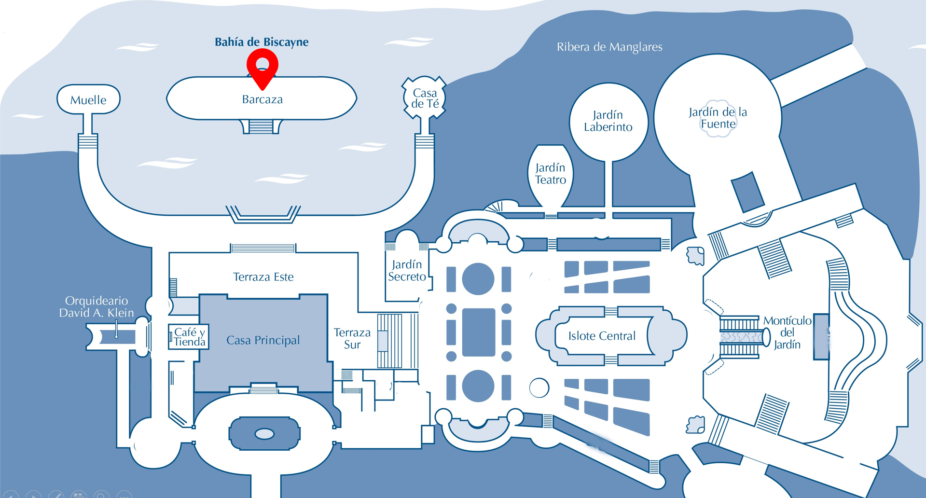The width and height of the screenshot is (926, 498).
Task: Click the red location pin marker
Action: click(262, 68)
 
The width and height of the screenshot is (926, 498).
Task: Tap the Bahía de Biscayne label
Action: click(262, 42)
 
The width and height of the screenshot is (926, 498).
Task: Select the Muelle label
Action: click(88, 100)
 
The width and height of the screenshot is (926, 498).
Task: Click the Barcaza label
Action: click(262, 99)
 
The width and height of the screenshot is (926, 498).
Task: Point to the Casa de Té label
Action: click(425, 98)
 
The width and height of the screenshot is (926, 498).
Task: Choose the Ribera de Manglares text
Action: click(609, 47)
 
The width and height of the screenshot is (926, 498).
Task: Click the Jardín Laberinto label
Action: click(608, 121)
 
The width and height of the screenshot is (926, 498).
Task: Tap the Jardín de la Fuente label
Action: click(718, 118)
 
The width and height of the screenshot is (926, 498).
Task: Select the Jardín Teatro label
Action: click(550, 174)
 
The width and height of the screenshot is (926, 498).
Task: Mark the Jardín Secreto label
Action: click(407, 270)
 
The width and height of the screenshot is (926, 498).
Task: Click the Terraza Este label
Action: click(263, 277)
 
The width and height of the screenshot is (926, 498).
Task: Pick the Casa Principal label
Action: click(263, 340)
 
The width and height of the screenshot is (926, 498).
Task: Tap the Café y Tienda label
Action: click(189, 337)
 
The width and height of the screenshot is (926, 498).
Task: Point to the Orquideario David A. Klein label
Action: click(97, 307)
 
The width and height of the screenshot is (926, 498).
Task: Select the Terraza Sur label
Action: click(352, 338)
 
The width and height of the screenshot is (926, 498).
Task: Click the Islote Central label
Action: click(602, 336)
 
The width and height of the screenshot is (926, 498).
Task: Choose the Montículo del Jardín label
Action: click(787, 332)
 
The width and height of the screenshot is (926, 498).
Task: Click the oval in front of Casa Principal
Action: click(264, 434)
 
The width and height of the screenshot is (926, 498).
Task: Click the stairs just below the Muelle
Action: click(88, 141)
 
